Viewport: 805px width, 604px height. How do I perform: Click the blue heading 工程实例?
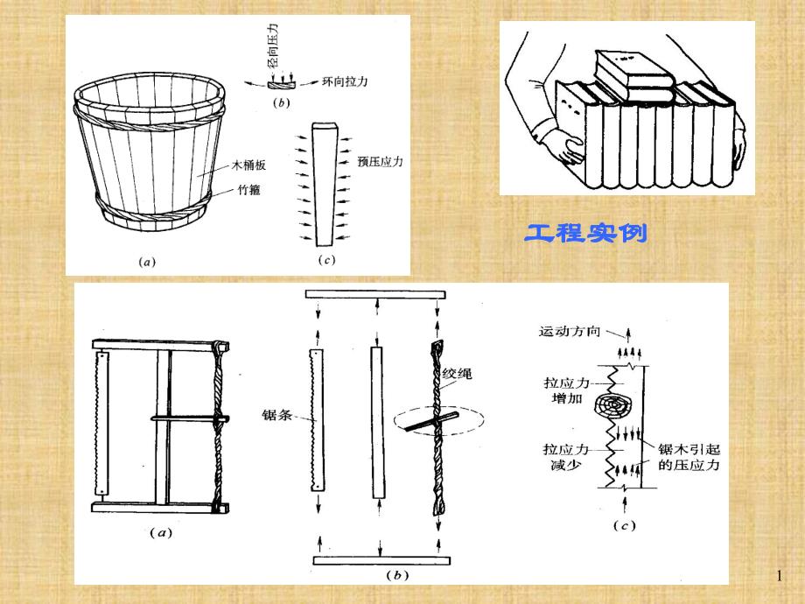pyautogui.click(x=585, y=234)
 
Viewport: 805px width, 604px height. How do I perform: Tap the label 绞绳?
pyautogui.click(x=458, y=374)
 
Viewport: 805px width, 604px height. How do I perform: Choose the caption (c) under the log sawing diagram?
pyautogui.click(x=625, y=526)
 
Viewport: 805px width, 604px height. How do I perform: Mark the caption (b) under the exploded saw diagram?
pyautogui.click(x=398, y=576)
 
